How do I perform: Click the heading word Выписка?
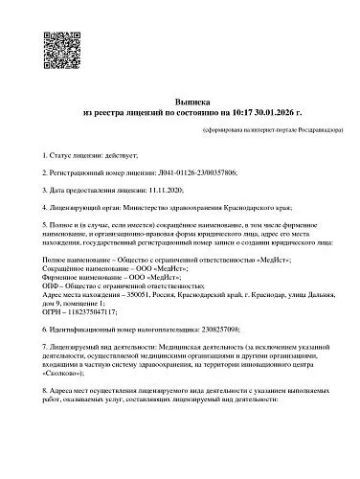click(x=180, y=99)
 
